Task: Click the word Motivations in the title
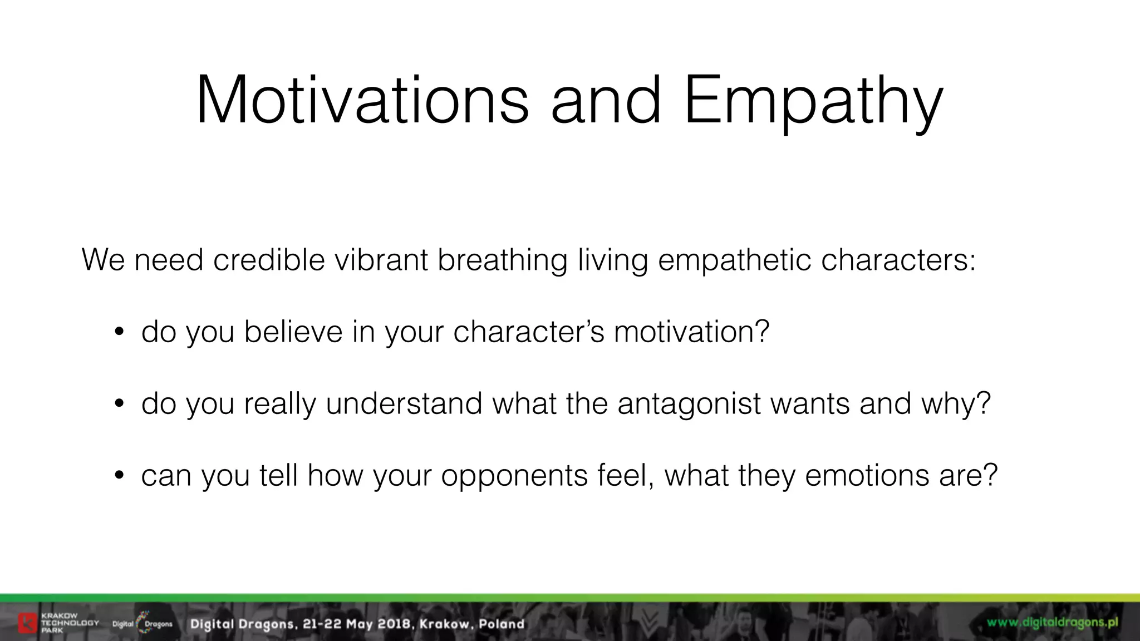[x=362, y=100]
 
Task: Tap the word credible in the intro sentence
[x=269, y=260]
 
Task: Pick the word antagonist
[x=689, y=405]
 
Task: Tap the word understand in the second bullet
[x=404, y=403]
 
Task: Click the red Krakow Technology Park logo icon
[x=27, y=623]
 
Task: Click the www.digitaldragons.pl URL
[x=1052, y=622]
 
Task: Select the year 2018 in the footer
[x=394, y=624]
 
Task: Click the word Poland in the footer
[x=502, y=624]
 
